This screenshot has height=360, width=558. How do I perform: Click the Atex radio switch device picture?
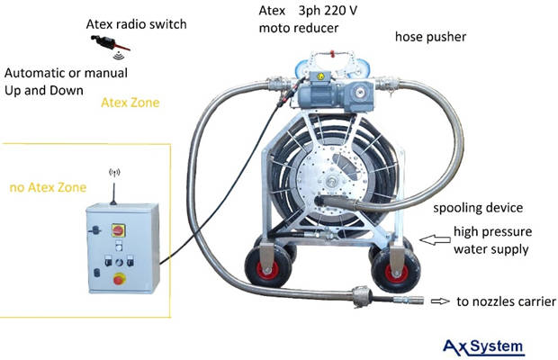pyautogui.click(x=110, y=43)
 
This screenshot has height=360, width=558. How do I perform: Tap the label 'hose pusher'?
pyautogui.click(x=430, y=37)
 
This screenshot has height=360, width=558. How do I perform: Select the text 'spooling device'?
pyautogui.click(x=478, y=207)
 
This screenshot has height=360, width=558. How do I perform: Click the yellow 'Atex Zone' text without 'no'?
pyautogui.click(x=130, y=103)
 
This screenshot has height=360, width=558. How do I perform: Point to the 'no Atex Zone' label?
pyautogui.click(x=48, y=187)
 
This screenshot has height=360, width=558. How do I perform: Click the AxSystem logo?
pyautogui.click(x=484, y=347)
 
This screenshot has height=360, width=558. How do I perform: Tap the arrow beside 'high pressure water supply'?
pyautogui.click(x=435, y=239)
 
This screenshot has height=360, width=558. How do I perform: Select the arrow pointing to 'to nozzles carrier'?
pyautogui.click(x=440, y=301)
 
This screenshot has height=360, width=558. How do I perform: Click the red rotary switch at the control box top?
pyautogui.click(x=118, y=230)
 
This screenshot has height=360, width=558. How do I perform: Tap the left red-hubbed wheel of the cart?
pyautogui.click(x=268, y=266)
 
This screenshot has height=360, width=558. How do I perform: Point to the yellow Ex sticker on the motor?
pyautogui.click(x=320, y=76)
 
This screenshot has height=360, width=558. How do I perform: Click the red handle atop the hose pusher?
pyautogui.click(x=332, y=53)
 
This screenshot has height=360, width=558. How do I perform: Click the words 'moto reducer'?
pyautogui.click(x=299, y=28)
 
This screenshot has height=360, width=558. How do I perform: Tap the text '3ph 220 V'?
pyautogui.click(x=328, y=11)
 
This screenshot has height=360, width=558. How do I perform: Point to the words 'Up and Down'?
pyautogui.click(x=44, y=90)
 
